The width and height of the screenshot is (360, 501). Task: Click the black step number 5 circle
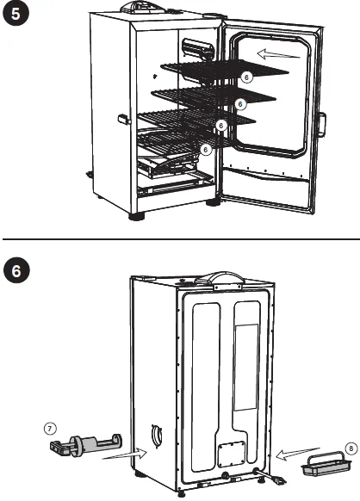pos(16,14)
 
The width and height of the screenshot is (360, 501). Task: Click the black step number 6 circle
pos(16,270)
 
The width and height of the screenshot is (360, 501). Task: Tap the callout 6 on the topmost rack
pos(246,77)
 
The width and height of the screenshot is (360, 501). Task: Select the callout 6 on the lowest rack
pos(206,149)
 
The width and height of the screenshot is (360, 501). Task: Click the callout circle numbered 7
pos(50,429)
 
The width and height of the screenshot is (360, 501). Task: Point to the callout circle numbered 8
pos(351,448)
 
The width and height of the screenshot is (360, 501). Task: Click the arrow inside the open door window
pos(279,54)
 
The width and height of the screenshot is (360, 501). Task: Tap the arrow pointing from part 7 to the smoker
pos(125,455)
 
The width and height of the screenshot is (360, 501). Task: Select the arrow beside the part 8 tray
pos(297,454)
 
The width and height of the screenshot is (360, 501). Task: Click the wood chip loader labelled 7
pos(85,444)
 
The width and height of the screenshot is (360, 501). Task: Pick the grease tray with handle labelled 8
pos(326,464)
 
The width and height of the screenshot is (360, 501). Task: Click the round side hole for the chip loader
pos(157,436)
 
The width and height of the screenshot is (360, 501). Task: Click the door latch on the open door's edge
pos(322,125)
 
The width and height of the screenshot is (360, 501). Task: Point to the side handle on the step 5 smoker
pos(123,119)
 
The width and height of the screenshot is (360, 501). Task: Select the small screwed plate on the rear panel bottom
pos(232,454)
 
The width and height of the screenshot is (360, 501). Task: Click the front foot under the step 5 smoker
pos(137,216)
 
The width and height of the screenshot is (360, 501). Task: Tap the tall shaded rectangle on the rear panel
pos(246,368)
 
